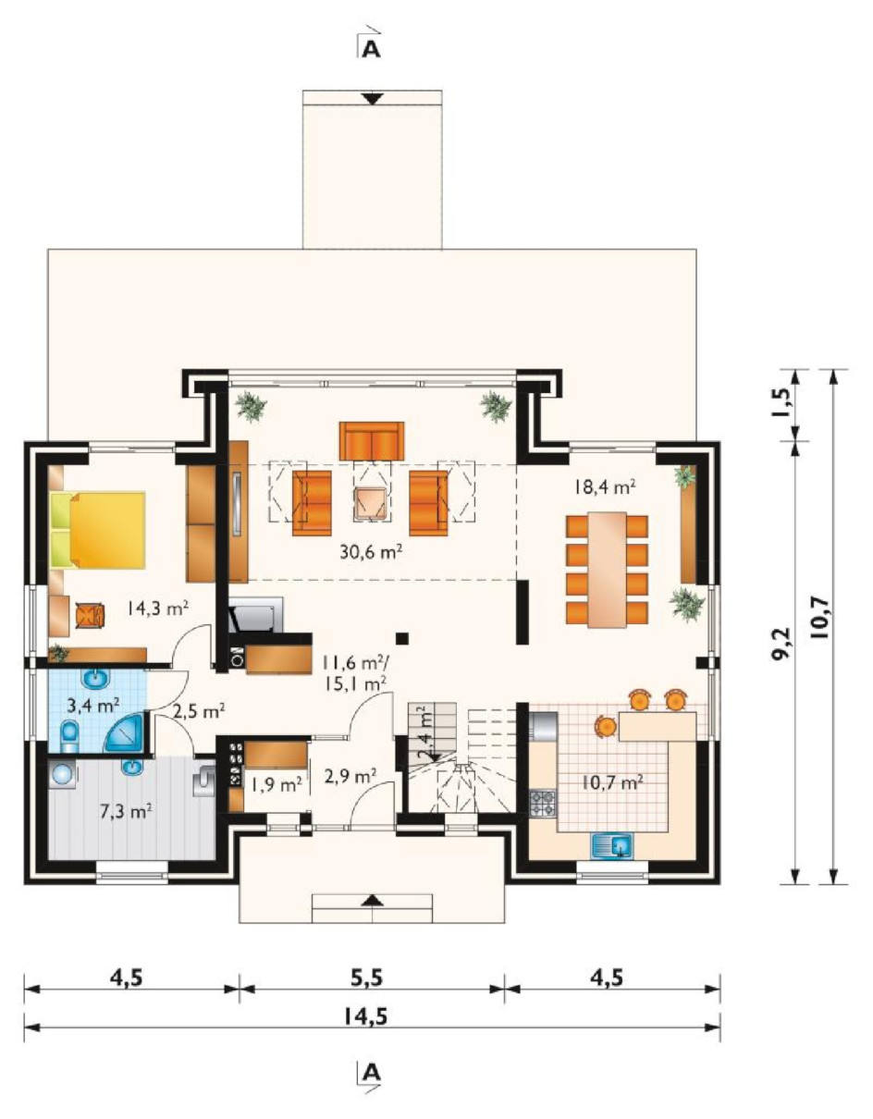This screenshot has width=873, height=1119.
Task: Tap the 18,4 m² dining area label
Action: (604, 486)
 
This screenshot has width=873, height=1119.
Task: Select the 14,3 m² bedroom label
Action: (157, 609)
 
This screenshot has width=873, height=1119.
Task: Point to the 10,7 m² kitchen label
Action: (612, 782)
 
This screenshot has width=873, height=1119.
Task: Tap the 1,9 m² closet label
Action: (277, 785)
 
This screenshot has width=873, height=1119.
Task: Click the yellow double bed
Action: (98, 530)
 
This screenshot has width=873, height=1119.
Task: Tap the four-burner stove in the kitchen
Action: (544, 804)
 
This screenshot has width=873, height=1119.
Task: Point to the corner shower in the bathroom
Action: (125, 732)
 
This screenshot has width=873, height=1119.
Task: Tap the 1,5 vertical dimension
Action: (781, 404)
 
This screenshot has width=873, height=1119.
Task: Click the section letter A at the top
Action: (371, 49)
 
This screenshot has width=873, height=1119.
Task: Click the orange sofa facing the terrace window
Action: (372, 441)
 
